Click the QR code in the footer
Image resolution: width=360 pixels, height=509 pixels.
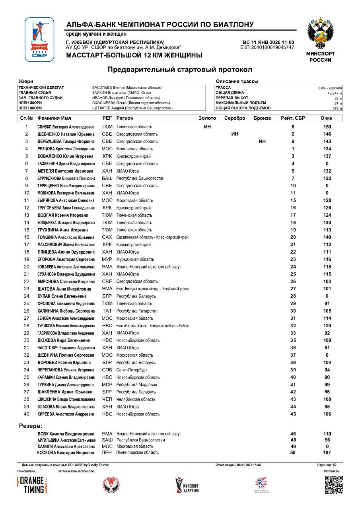[x=333, y=485]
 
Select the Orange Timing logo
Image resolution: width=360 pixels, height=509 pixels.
[x=32, y=485]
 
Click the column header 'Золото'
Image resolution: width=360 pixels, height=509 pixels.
[x=207, y=118]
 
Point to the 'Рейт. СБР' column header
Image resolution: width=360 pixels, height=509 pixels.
[x=293, y=118]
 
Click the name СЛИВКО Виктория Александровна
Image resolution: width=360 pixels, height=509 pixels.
[x=66, y=127]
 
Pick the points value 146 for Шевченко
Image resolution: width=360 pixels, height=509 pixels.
[x=327, y=134]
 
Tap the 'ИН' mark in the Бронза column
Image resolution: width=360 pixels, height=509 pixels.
[x=262, y=142]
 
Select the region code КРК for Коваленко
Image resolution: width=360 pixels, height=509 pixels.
[x=107, y=156]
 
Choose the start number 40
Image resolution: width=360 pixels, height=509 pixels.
[x=27, y=414]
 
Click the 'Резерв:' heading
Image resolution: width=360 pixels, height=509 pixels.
[x=31, y=426]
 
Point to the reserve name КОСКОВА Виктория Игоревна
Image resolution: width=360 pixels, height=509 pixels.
[x=66, y=453]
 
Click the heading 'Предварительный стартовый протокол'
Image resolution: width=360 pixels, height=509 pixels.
[x=180, y=70]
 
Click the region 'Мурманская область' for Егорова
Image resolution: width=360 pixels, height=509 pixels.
[x=135, y=259]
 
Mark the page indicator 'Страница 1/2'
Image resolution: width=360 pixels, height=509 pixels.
[x=327, y=464]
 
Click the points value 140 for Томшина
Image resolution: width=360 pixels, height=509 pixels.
[x=327, y=237]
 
